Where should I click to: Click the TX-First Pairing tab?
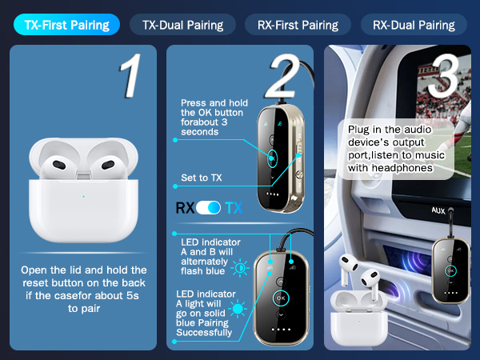click(x=66, y=24)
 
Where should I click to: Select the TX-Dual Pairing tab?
click(x=182, y=24)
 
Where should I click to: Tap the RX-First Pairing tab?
click(x=298, y=24)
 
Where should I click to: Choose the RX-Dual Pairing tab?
click(x=414, y=24)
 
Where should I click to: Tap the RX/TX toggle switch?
click(x=209, y=208)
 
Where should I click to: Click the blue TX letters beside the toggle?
click(x=233, y=208)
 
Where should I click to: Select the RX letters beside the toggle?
click(x=186, y=208)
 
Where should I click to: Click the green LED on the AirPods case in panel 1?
click(x=82, y=196)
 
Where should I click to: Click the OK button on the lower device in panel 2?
click(x=280, y=297)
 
